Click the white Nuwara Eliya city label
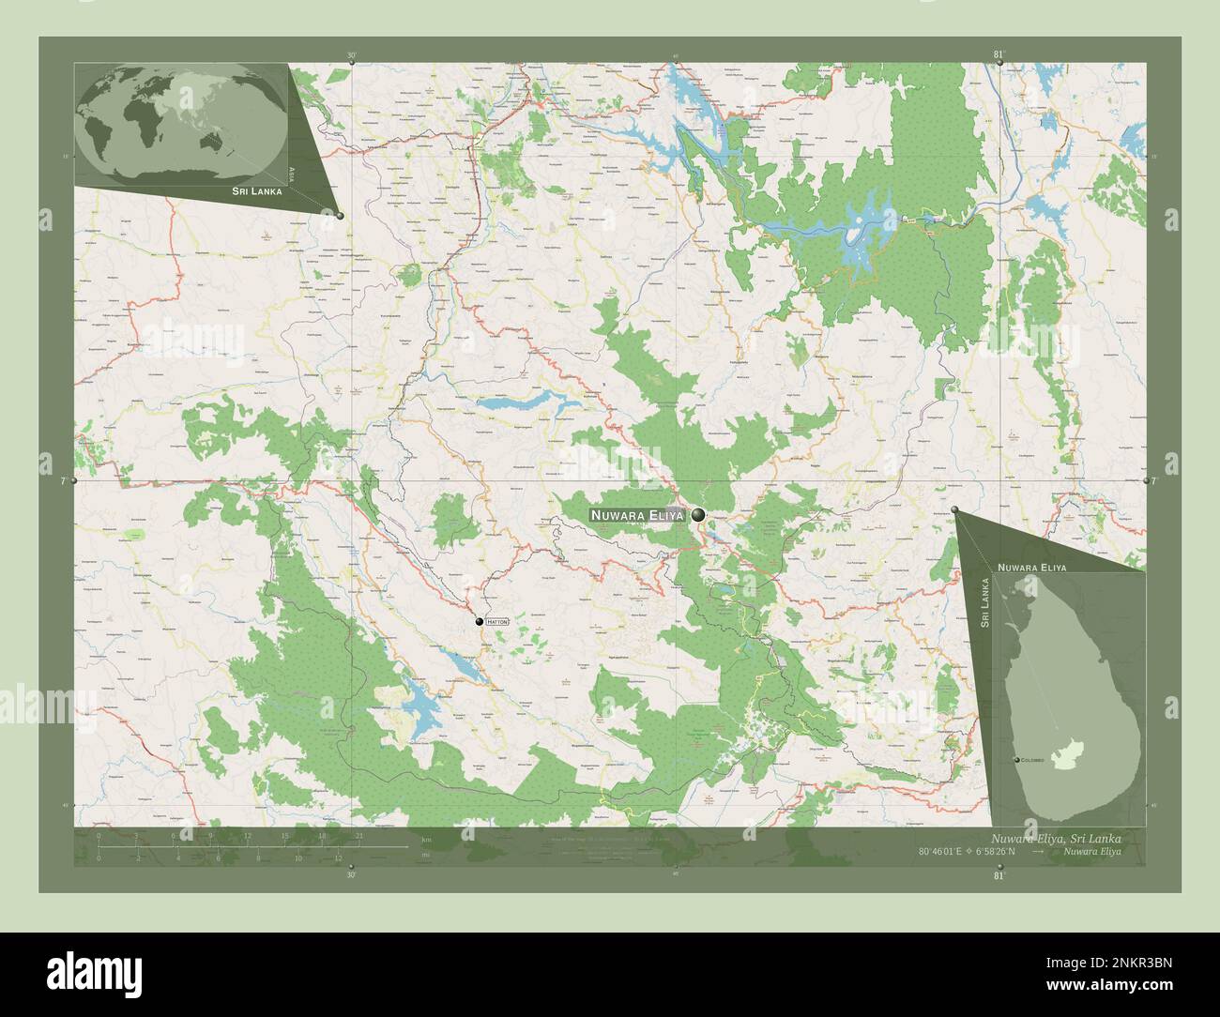637,515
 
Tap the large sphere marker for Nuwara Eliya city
699,514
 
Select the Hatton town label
498,621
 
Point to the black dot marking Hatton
479,621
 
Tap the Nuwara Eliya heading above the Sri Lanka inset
1031,568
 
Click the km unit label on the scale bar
426,840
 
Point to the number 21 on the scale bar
358,835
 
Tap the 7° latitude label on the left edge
62,480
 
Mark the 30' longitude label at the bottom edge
350,874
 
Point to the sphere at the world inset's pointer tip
340,216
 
